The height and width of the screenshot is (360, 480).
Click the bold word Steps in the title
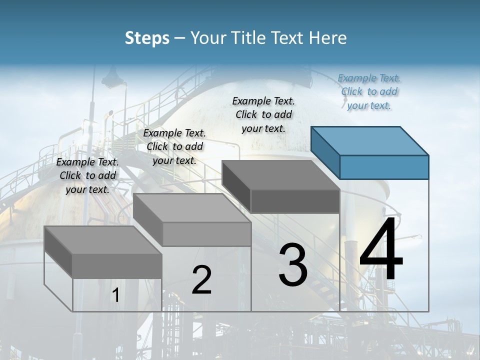[x=147, y=38]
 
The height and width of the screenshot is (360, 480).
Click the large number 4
[x=381, y=250]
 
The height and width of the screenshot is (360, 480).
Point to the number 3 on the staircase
[x=293, y=265]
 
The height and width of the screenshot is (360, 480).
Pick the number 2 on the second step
[x=202, y=280]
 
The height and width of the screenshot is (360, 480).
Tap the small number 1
[x=116, y=295]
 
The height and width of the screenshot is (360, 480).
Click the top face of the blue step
[x=370, y=141]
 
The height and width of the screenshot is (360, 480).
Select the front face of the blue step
[x=384, y=167]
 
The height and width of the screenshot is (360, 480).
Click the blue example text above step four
[x=369, y=91]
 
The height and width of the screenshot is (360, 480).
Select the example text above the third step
[x=263, y=114]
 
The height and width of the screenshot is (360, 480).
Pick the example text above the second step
[x=174, y=146]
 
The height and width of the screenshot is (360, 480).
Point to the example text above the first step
[x=87, y=175]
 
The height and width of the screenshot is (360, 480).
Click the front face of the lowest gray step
[x=117, y=265]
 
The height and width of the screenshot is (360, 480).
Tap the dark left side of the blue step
[x=325, y=152]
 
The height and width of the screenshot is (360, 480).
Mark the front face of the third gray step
[x=295, y=201]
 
